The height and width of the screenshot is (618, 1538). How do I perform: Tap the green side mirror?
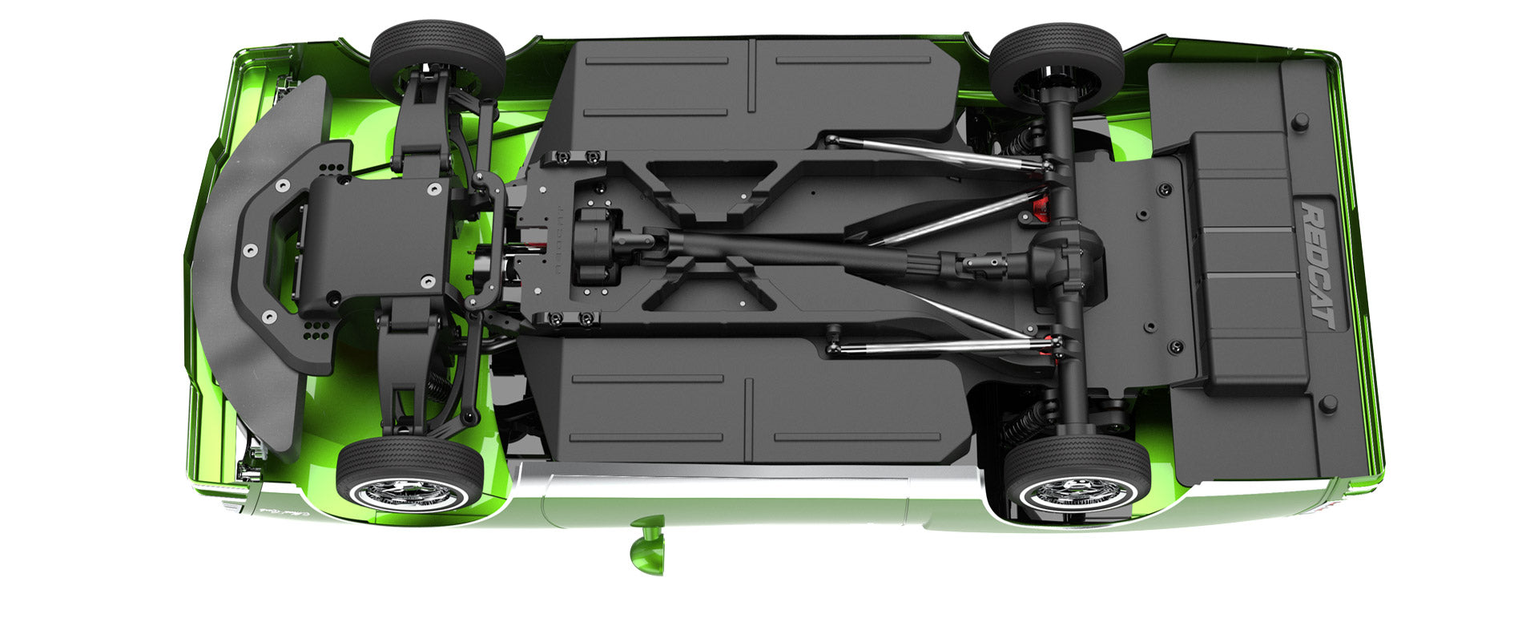click(x=648, y=546)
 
